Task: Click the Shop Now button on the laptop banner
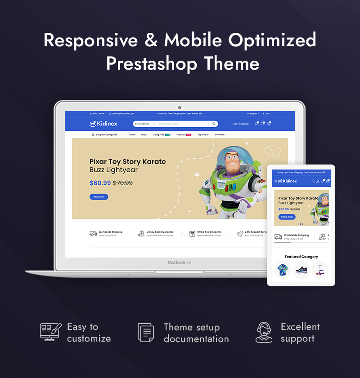point(99,197)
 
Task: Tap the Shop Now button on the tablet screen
point(287,217)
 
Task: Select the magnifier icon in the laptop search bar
point(214,124)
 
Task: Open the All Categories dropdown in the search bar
point(143,124)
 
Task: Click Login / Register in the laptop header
point(241,124)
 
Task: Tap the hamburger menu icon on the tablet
point(276,181)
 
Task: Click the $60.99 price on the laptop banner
point(100,183)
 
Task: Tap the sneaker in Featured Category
point(301,270)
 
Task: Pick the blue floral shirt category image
point(283,270)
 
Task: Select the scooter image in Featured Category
point(320,270)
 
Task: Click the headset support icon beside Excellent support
point(264,333)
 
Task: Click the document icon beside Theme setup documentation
point(146,333)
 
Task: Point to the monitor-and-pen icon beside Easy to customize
point(50,332)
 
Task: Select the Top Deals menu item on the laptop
point(203,134)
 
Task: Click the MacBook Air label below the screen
point(180,262)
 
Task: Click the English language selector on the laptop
point(254,114)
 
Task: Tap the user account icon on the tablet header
point(317,181)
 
